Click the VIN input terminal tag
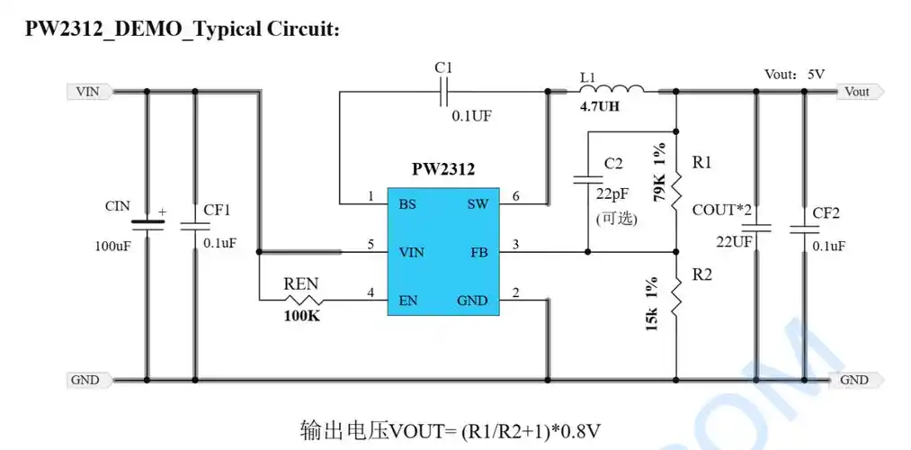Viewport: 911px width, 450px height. [x=88, y=92]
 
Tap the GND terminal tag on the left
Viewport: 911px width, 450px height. [x=85, y=380]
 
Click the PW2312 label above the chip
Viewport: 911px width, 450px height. [x=443, y=169]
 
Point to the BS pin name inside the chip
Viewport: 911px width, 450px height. [x=407, y=204]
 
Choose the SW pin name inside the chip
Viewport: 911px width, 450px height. [x=478, y=204]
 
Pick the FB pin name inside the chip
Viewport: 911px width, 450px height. [x=478, y=252]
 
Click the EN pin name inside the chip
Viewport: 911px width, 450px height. [x=408, y=300]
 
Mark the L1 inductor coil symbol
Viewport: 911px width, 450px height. [x=617, y=90]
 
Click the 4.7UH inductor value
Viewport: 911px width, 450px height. [x=599, y=107]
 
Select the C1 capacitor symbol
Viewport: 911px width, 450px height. [x=442, y=91]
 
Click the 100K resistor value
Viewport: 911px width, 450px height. [x=301, y=317]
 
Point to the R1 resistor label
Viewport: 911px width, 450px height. [x=702, y=163]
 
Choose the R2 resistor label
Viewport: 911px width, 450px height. [x=702, y=274]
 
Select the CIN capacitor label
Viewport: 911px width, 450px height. [x=118, y=206]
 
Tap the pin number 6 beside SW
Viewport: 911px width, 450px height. [x=515, y=196]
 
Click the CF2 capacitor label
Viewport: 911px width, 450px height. [x=826, y=212]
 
